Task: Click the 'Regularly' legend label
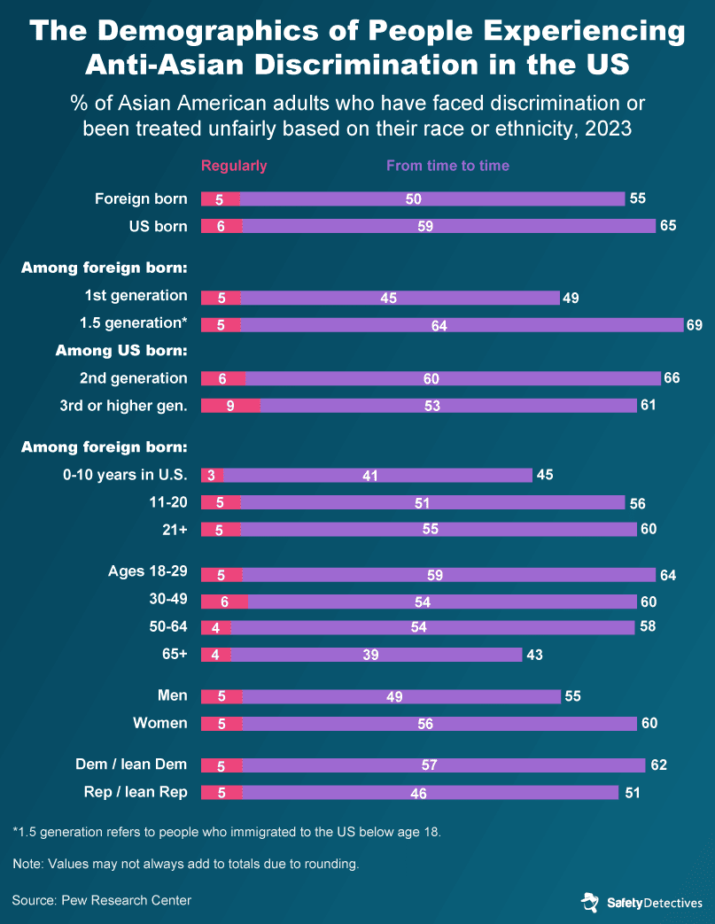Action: point(234,166)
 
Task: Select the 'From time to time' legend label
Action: point(447,166)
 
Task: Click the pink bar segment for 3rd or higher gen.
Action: point(230,406)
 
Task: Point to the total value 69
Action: point(694,325)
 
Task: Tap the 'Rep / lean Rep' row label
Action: point(144,792)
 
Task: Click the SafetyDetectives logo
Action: point(641,903)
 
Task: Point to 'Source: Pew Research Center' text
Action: point(102,900)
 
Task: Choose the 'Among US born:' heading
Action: point(121,351)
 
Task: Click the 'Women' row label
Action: point(160,723)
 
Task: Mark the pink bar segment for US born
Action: point(221,226)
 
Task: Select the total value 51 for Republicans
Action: point(632,793)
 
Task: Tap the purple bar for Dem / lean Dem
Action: point(443,765)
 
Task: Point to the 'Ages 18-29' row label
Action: point(147,571)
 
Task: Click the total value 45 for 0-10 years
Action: point(544,475)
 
